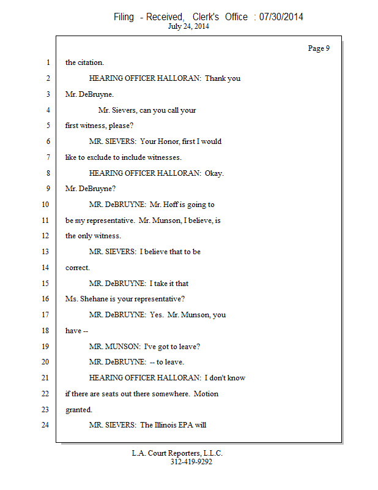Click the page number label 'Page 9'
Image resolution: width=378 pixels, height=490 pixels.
pyautogui.click(x=319, y=48)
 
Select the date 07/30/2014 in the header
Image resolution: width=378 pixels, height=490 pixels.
pyautogui.click(x=281, y=17)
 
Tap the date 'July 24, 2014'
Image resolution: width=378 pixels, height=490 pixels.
pyautogui.click(x=188, y=26)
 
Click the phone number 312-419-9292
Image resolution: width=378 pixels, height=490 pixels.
pyautogui.click(x=191, y=462)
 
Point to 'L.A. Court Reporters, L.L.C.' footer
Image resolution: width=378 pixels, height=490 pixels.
pyautogui.click(x=177, y=453)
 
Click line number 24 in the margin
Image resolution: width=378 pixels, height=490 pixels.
pyautogui.click(x=45, y=425)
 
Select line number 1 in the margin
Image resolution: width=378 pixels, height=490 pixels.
pyautogui.click(x=48, y=62)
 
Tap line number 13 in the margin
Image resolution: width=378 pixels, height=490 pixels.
pyautogui.click(x=45, y=252)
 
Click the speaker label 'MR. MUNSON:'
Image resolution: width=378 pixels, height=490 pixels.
pyautogui.click(x=110, y=347)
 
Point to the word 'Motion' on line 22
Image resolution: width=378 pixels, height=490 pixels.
pyautogui.click(x=206, y=394)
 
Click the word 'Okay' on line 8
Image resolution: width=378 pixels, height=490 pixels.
pyautogui.click(x=214, y=173)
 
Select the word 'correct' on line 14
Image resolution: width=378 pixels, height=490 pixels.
pyautogui.click(x=77, y=268)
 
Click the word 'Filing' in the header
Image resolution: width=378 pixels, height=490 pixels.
pyautogui.click(x=124, y=17)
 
